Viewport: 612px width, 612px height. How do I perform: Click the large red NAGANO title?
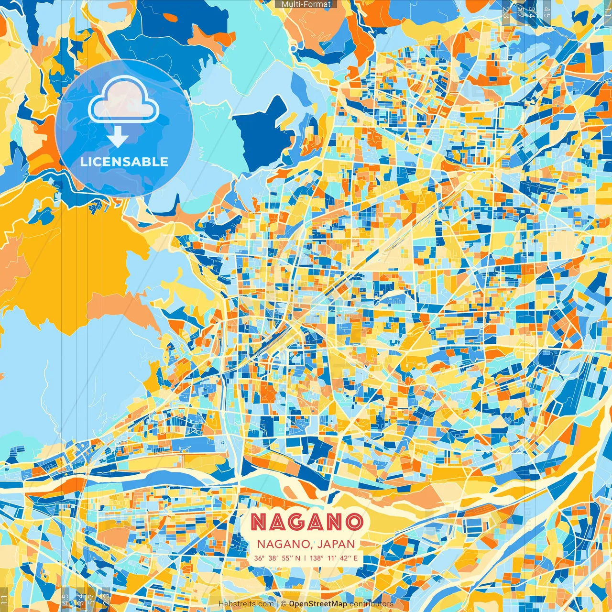[306, 522]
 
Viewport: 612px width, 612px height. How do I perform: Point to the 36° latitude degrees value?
[259, 558]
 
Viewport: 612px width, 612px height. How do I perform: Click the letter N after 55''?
[298, 558]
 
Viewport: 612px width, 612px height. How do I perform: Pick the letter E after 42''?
[355, 558]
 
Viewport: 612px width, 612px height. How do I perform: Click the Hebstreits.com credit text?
[246, 604]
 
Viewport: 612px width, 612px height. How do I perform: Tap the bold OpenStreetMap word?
[318, 604]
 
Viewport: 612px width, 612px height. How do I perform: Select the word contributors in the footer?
[372, 604]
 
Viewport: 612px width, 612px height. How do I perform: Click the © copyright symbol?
[284, 604]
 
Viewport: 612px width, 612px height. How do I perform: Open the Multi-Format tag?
[306, 4]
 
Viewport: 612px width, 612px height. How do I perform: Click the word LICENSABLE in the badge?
[124, 162]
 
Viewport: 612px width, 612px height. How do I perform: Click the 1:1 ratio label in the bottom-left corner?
[4, 599]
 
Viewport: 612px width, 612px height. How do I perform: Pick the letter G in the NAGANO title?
[306, 522]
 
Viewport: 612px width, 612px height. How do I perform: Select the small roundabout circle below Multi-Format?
[294, 48]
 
